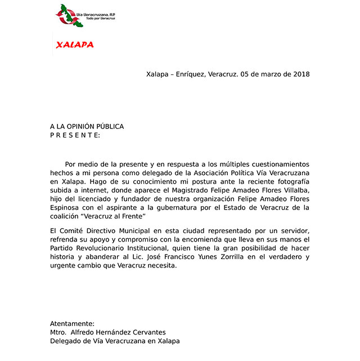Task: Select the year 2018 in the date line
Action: click(301, 74)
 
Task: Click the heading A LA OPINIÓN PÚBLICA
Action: click(87, 127)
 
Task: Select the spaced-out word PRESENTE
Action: click(75, 135)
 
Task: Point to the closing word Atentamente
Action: click(72, 324)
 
